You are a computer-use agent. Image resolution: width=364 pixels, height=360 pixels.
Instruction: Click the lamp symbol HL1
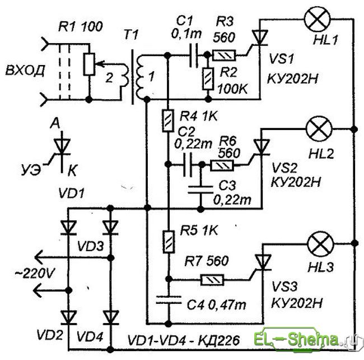pos(318,20)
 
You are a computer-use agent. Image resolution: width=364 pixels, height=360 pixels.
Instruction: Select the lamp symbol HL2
pos(319,128)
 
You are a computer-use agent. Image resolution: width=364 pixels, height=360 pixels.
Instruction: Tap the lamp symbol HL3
pos(320,244)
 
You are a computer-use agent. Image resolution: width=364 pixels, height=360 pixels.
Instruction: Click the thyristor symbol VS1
pos(259,38)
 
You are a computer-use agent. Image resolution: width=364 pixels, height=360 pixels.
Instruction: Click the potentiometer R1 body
pos(89,64)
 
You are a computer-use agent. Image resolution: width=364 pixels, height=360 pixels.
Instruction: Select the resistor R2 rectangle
pos(208,79)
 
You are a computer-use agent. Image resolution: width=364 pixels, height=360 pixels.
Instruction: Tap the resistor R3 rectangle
pos(224,56)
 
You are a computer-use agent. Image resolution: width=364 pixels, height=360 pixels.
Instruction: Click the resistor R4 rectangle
pos(168,121)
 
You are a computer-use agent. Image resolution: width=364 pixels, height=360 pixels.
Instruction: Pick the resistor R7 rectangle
pos(212,280)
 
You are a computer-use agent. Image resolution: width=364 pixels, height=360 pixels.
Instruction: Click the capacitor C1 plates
pos(193,56)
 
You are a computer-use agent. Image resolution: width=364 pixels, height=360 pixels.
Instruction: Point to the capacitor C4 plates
pos(169,299)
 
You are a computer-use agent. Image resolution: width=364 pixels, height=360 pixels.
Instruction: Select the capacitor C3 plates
pos(200,190)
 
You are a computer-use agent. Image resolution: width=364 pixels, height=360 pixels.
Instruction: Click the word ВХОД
pos(25,71)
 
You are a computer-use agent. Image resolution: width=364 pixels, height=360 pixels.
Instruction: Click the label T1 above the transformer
pos(130,36)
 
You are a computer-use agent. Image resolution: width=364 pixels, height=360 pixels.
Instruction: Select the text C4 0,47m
pos(217,304)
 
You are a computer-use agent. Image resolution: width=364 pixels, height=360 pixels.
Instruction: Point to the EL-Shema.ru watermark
pos(307,341)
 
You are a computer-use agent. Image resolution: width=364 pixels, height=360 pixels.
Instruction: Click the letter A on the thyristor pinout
pos(55,123)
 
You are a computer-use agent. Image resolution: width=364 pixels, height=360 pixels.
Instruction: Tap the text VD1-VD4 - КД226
pos(183,341)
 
